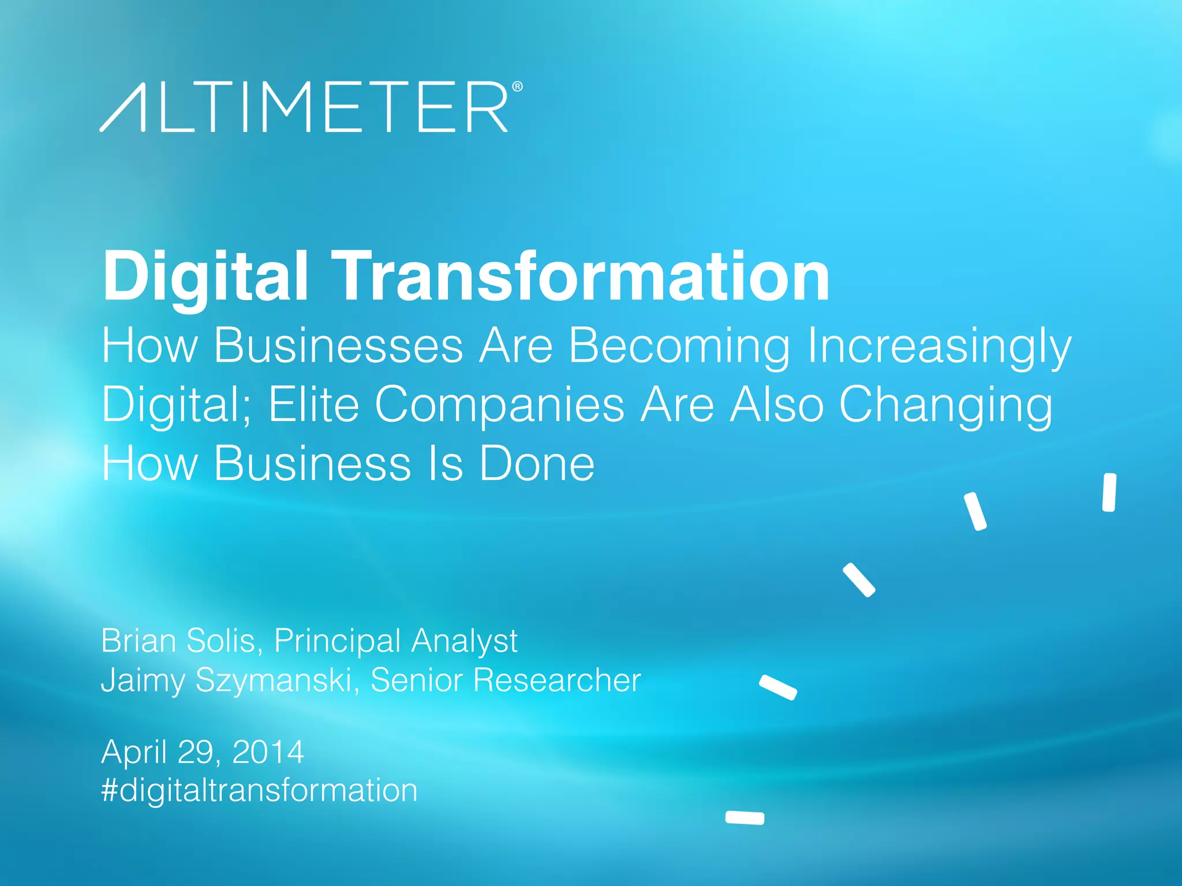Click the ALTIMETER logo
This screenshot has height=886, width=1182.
304,107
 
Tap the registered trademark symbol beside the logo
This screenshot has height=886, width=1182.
517,87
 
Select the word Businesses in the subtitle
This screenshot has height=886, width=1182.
339,346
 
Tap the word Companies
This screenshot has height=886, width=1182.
500,406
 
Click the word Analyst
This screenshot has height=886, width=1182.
465,641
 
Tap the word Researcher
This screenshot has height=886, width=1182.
557,680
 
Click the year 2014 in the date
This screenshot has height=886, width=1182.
268,752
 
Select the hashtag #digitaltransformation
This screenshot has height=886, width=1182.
259,790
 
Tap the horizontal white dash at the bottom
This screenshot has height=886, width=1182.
745,817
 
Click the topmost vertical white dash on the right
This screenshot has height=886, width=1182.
1109,493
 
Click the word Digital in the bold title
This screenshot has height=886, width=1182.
205,277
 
